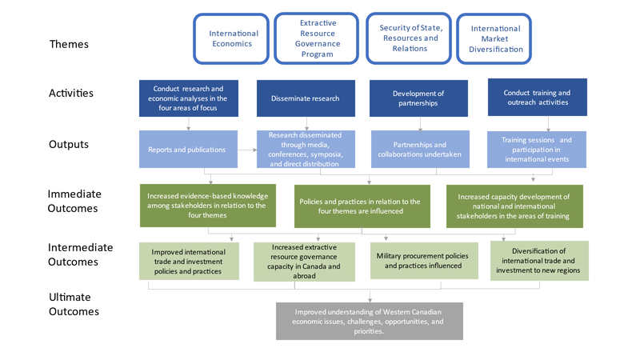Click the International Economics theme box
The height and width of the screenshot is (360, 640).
tap(234, 38)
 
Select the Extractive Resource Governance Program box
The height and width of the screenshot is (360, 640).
tap(318, 38)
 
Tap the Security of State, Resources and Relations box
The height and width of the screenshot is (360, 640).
tap(410, 38)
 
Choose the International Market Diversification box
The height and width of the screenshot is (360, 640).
tap(495, 38)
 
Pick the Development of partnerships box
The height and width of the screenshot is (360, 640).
tap(418, 98)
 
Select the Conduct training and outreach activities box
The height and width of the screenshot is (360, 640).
tap(537, 98)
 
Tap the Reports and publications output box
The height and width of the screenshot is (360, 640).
tap(189, 149)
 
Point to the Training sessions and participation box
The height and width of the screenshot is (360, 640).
tap(537, 150)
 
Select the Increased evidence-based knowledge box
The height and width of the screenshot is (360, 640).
tap(207, 206)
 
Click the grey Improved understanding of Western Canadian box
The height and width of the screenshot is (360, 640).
tap(369, 321)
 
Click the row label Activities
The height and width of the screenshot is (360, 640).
tap(71, 93)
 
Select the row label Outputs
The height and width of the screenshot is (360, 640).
tap(68, 145)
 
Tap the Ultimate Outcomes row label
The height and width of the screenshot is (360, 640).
tap(74, 304)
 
